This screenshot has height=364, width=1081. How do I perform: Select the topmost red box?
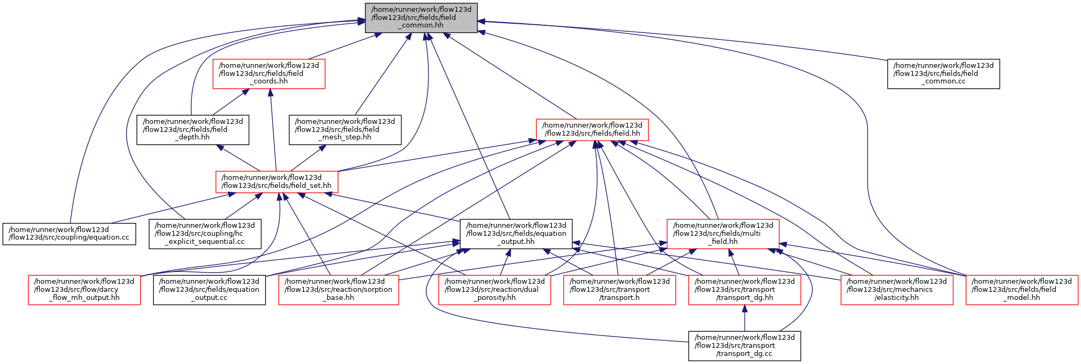[x=268, y=74]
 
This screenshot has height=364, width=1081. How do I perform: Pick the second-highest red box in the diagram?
[x=592, y=130]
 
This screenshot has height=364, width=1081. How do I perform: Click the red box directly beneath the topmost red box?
[x=276, y=182]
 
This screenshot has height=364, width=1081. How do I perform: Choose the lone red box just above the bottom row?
[x=723, y=234]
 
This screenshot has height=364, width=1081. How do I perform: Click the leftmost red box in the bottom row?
[x=85, y=290]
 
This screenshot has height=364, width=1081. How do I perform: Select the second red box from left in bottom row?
[x=338, y=290]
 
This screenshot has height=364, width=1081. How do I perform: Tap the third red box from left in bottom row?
[x=494, y=290]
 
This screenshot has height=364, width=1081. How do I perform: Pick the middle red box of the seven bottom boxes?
[x=619, y=290]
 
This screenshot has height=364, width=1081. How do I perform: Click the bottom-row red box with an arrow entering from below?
[x=744, y=290]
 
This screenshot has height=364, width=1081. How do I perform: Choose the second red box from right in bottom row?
[x=897, y=290]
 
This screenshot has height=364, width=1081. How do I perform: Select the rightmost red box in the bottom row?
[x=1022, y=290]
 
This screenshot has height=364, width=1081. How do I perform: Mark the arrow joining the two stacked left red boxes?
[x=273, y=129]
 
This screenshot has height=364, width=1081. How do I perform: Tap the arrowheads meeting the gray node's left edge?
[x=361, y=22]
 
